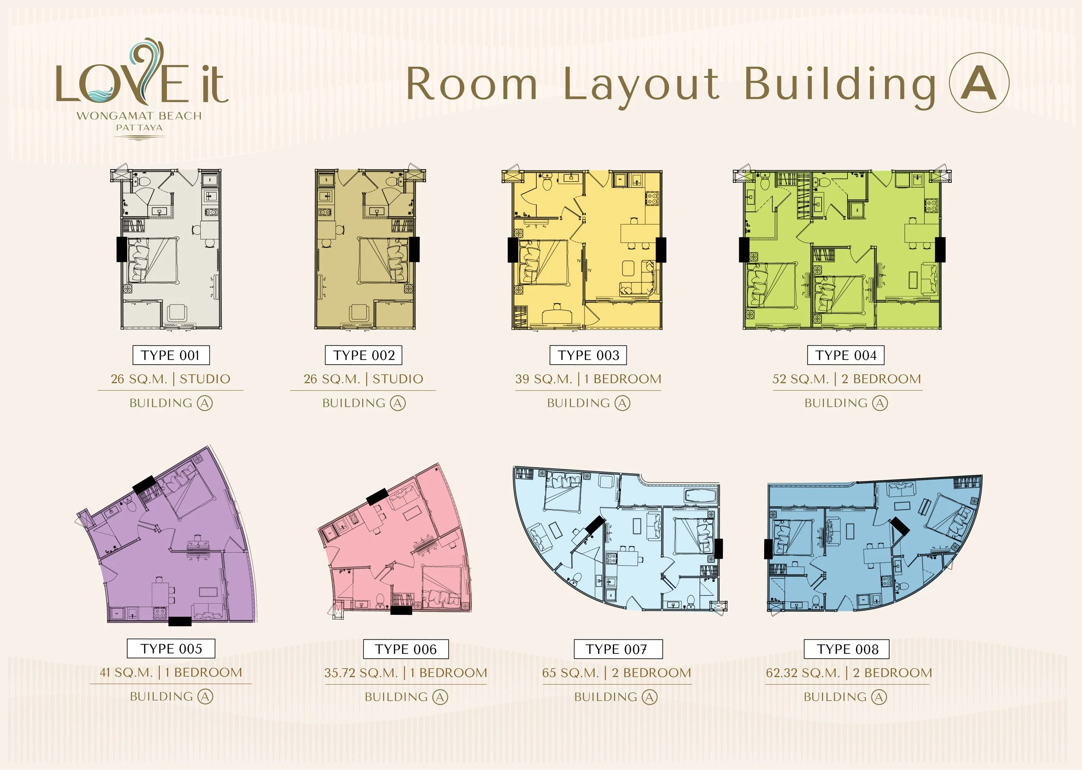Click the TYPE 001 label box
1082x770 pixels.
(171, 355)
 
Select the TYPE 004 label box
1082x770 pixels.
(846, 355)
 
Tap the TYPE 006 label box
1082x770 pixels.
(406, 649)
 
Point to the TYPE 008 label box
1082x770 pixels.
(847, 649)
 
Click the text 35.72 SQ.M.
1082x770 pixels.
(361, 673)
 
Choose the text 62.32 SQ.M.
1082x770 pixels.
(803, 673)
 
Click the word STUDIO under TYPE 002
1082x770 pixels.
(398, 379)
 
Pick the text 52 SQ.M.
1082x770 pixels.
(801, 379)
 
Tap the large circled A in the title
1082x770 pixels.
(979, 82)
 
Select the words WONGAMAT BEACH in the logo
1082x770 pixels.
(139, 116)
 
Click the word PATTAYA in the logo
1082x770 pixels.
(139, 128)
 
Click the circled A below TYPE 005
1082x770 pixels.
(205, 696)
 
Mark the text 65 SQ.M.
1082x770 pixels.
(571, 673)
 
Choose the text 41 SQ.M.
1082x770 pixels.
(126, 672)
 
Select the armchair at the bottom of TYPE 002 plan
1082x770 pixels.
(359, 312)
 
